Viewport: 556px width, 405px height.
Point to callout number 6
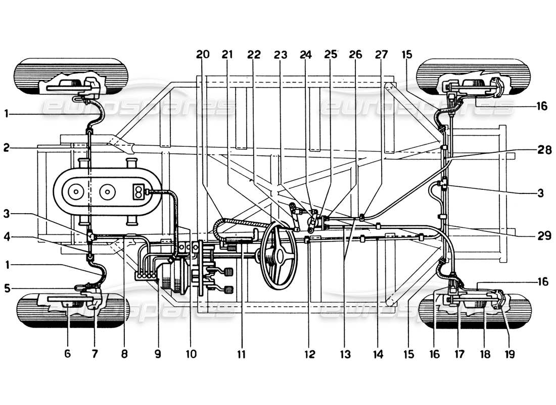(67, 354)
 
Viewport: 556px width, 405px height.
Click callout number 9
(158, 354)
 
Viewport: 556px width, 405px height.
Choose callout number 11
(241, 354)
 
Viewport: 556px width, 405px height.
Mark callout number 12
(309, 354)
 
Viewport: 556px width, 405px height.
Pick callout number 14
(378, 354)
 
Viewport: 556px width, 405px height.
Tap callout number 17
(458, 354)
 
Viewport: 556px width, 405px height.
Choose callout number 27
(379, 54)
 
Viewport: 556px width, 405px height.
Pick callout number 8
(124, 354)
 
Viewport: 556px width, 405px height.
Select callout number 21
(227, 54)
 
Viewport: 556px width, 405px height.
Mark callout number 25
(331, 54)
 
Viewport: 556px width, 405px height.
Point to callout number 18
(484, 354)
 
